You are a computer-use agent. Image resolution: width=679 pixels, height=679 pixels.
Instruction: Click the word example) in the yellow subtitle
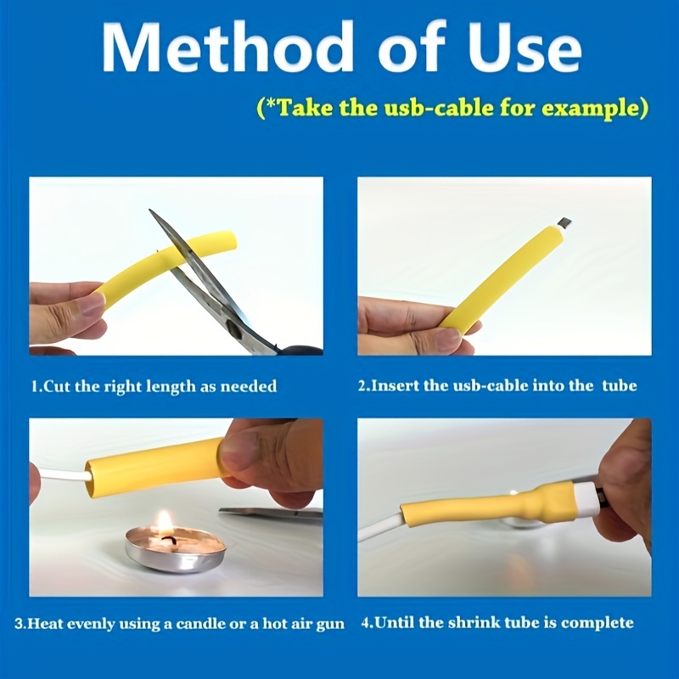click(x=595, y=108)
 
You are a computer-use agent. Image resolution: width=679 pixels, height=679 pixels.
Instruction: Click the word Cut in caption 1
click(x=57, y=385)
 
